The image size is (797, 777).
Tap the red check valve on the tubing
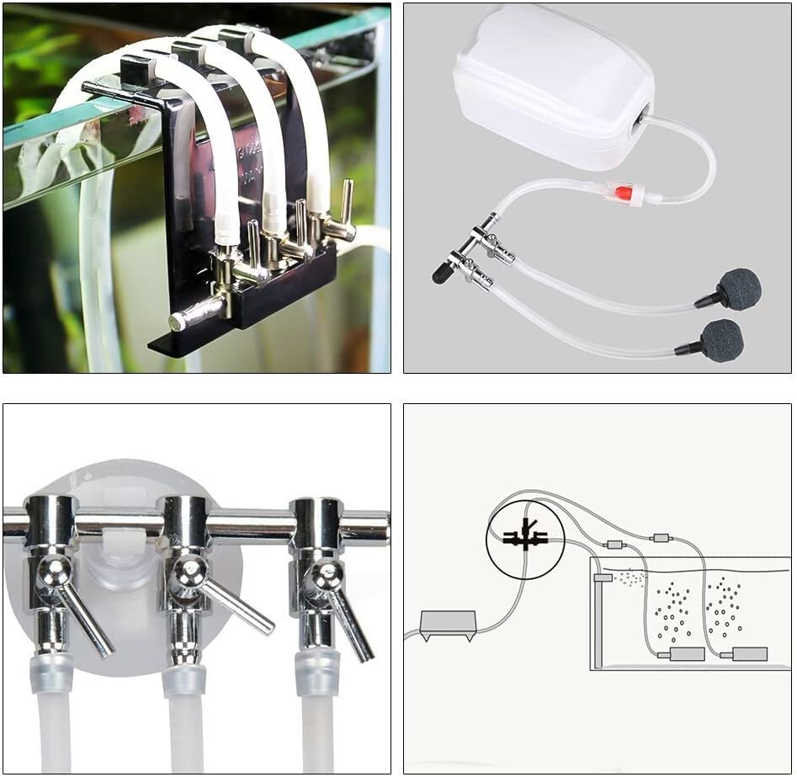[x=624, y=194]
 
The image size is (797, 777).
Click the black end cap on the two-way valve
[x=440, y=273]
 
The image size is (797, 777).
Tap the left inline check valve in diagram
[x=614, y=545]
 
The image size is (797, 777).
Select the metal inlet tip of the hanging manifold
[x=178, y=321]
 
